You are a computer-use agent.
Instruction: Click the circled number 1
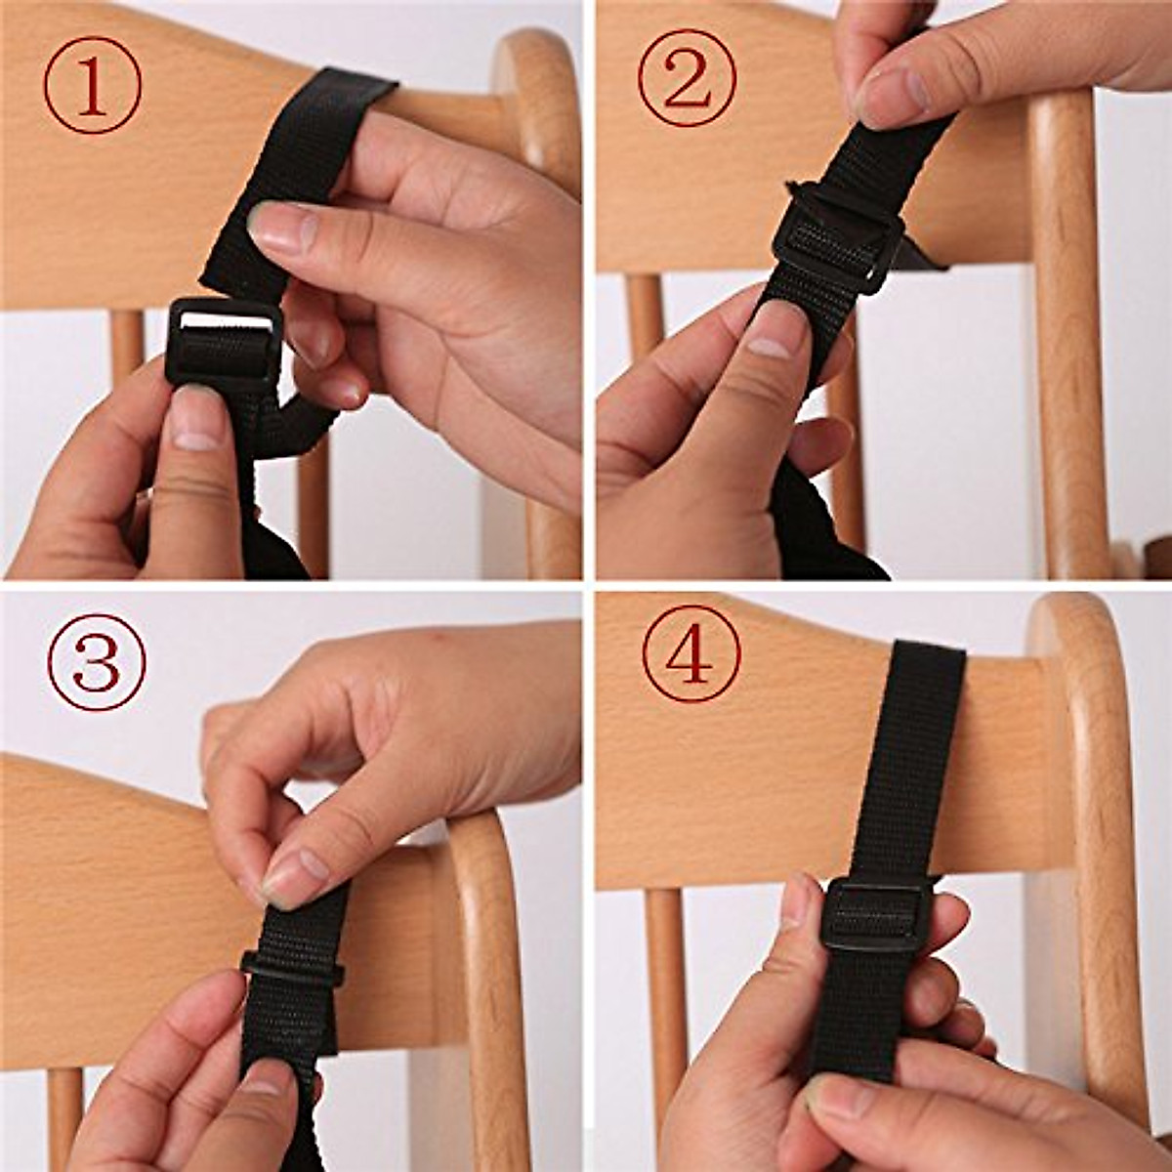point(93,85)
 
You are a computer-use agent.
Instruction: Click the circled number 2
point(688,78)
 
